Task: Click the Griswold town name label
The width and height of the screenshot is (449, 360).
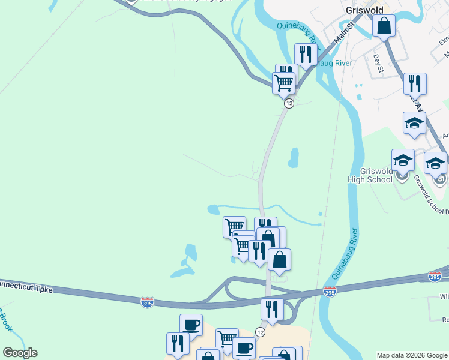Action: pos(364,10)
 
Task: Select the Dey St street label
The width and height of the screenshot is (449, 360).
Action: pos(378,63)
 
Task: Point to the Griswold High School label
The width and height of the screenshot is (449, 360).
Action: pos(370,175)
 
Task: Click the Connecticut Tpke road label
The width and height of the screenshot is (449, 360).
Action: pos(27,286)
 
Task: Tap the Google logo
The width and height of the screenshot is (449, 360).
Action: pos(20,353)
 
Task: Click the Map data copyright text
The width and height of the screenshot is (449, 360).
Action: pos(412,355)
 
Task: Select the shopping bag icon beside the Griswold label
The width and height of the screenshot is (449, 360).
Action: pos(384,26)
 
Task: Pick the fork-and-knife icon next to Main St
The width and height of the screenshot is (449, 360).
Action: pos(306,55)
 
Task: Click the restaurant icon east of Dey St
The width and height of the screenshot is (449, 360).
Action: pos(414,83)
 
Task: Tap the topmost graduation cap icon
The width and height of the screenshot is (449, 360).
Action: pos(414,123)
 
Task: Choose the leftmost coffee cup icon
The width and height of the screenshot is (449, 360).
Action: pos(191,325)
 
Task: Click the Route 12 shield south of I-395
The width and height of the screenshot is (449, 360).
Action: pos(260,332)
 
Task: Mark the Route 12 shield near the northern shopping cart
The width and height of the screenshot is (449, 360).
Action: pos(289,104)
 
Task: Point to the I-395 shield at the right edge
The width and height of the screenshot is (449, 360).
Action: pos(435,276)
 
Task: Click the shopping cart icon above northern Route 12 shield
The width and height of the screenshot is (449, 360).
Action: pos(283,82)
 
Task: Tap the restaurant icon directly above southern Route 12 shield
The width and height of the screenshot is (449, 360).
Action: pos(272,309)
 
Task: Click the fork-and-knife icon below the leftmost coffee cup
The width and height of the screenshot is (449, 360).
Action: pos(178,343)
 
